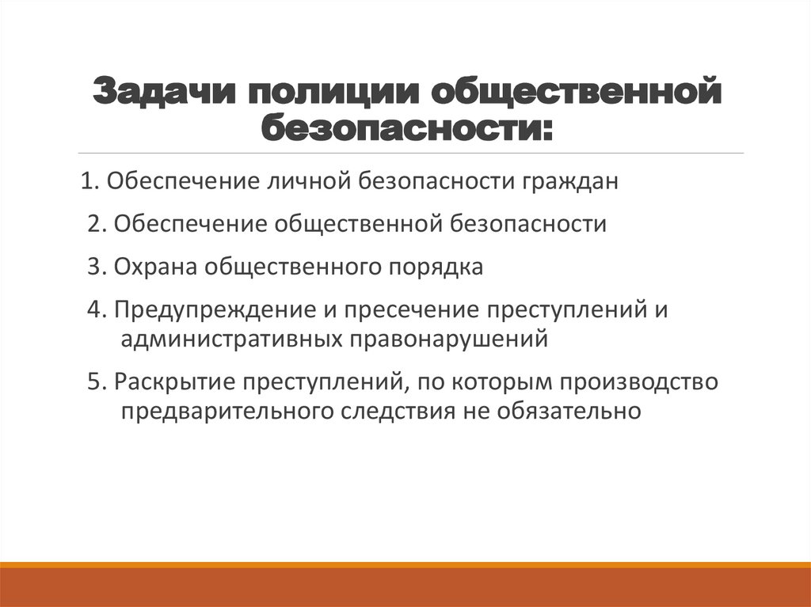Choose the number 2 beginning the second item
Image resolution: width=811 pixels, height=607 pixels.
tap(94, 224)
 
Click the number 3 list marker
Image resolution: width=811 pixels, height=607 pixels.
tap(94, 267)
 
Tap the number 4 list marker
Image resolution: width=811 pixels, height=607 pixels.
tap(94, 309)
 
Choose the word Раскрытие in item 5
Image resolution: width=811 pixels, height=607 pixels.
tap(173, 381)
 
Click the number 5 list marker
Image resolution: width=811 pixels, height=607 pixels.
tap(94, 381)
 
